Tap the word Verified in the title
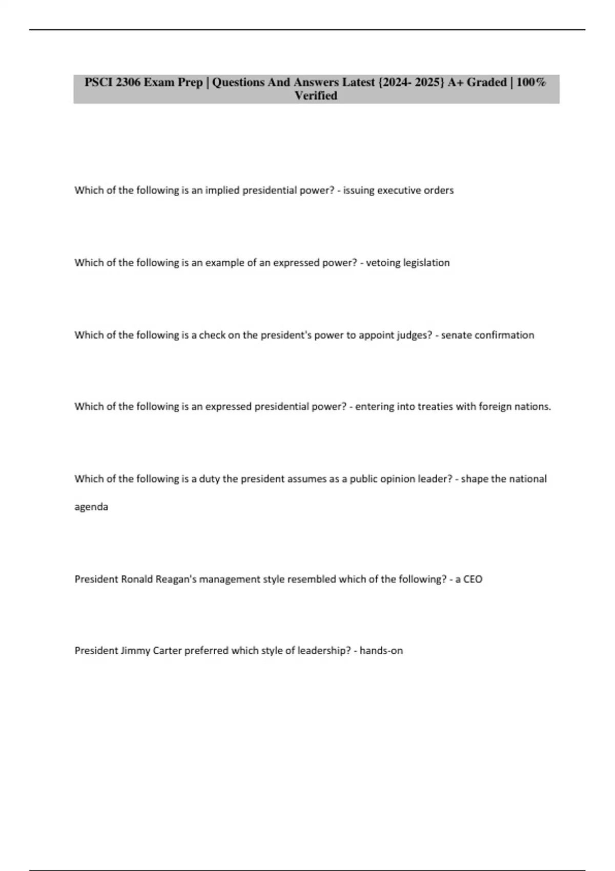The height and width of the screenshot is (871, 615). [x=316, y=96]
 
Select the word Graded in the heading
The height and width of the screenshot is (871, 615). [x=486, y=82]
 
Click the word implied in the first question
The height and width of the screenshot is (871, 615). [x=222, y=191]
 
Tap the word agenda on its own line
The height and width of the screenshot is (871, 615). [x=91, y=507]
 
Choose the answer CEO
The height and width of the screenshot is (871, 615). [x=473, y=579]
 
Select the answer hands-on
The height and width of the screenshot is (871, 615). [x=381, y=651]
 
